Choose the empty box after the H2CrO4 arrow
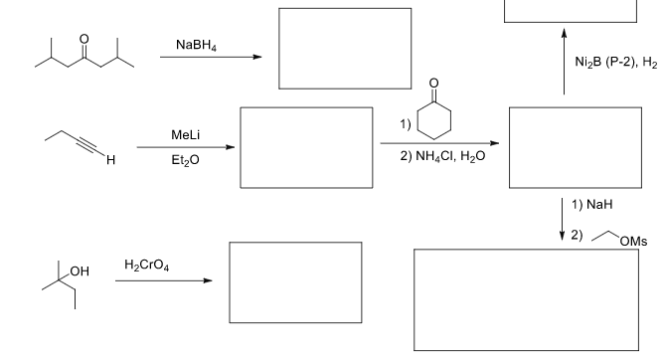295,269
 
